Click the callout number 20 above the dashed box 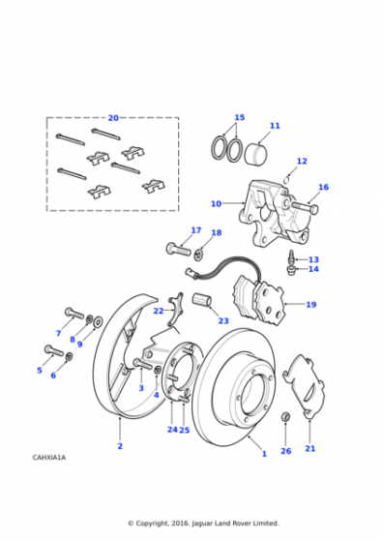pyautogui.click(x=113, y=118)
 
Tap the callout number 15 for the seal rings pyautogui.click(x=239, y=117)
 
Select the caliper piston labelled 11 pyautogui.click(x=257, y=153)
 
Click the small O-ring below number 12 pyautogui.click(x=286, y=180)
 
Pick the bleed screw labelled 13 pyautogui.click(x=291, y=257)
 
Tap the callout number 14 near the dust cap pyautogui.click(x=313, y=269)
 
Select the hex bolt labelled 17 pyautogui.click(x=178, y=249)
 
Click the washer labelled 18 pyautogui.click(x=199, y=255)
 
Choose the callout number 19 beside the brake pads pyautogui.click(x=310, y=305)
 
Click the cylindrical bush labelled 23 pyautogui.click(x=202, y=299)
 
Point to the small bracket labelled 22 pyautogui.click(x=176, y=309)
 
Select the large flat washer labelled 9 pyautogui.click(x=98, y=321)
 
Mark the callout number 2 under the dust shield pyautogui.click(x=120, y=446)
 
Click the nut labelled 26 pyautogui.click(x=285, y=417)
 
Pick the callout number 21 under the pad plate pyautogui.click(x=310, y=448)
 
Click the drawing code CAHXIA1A pyautogui.click(x=49, y=457)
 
